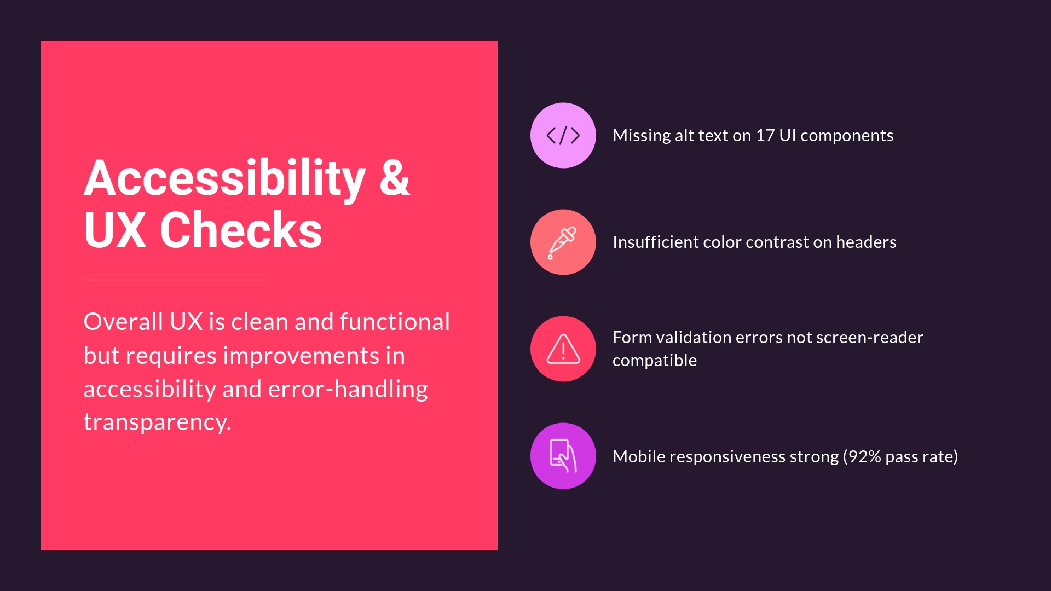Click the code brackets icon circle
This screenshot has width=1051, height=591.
563,135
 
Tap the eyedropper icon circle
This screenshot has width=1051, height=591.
563,242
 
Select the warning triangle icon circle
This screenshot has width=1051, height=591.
563,349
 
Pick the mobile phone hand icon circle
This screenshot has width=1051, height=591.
563,455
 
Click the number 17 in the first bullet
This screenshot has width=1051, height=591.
765,135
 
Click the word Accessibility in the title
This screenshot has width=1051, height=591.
224,178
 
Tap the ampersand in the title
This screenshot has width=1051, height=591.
394,178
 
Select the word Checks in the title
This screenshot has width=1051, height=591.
241,230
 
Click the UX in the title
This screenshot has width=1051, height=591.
115,230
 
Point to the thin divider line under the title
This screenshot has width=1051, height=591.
176,280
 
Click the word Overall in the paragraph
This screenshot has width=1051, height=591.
123,322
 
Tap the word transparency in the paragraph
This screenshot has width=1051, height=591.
157,422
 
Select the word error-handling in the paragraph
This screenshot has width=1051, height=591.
348,389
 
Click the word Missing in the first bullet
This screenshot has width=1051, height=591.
641,135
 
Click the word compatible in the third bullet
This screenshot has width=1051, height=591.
654,361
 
